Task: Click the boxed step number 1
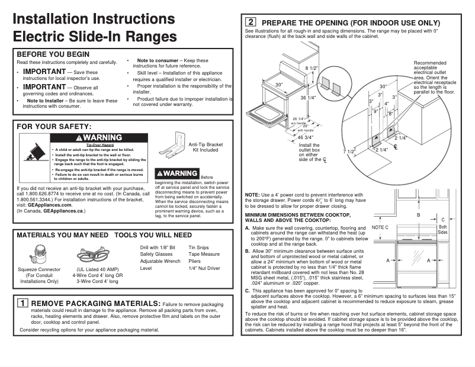(22, 303)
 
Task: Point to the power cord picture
(98, 255)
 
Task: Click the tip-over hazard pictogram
(32, 154)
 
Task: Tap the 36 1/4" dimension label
(308, 98)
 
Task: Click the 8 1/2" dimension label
(311, 69)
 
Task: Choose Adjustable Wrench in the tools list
(160, 260)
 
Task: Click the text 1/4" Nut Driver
(204, 268)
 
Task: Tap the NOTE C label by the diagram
(380, 227)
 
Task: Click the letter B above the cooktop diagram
(419, 215)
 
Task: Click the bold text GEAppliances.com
(50, 205)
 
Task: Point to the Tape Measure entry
(204, 253)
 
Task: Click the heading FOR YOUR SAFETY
(54, 127)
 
